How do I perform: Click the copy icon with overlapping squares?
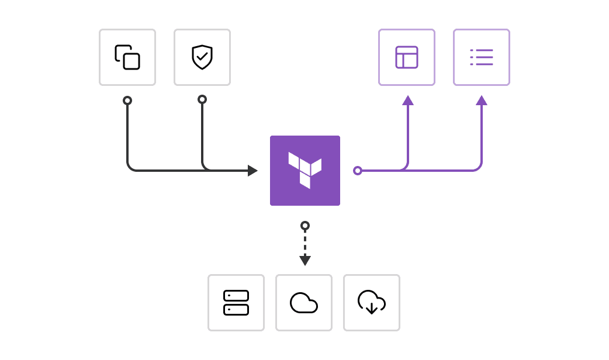point(127,57)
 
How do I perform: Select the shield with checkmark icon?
point(202,57)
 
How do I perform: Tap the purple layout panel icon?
point(407,57)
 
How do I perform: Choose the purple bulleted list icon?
point(482,57)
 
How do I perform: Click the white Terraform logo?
point(304,170)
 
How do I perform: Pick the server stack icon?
point(236,303)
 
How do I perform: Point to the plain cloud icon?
point(304,303)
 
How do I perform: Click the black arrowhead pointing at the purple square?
point(252,171)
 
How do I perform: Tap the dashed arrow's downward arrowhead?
point(305,260)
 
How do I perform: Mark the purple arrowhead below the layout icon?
point(408,101)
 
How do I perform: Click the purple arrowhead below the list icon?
point(482,101)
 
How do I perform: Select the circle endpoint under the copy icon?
point(127,101)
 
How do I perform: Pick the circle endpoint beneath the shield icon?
point(202,99)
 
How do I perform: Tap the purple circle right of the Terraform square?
point(358,171)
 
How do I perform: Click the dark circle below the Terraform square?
point(305,226)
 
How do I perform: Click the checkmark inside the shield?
point(202,57)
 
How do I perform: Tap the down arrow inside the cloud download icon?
point(372,308)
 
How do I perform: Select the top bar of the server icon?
point(236,296)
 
